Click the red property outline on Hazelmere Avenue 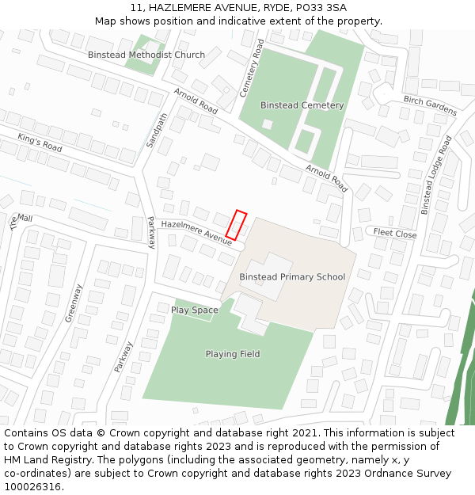point(237,224)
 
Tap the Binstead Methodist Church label point(146,55)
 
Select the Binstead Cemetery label point(302,105)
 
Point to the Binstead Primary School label point(292,277)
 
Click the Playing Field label point(233,354)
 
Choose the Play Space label point(194,310)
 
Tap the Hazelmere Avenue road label point(196,232)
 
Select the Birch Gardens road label point(430,105)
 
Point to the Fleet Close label point(395,234)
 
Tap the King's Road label point(40,143)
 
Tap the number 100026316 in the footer point(32,487)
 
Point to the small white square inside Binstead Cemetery point(268,124)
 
